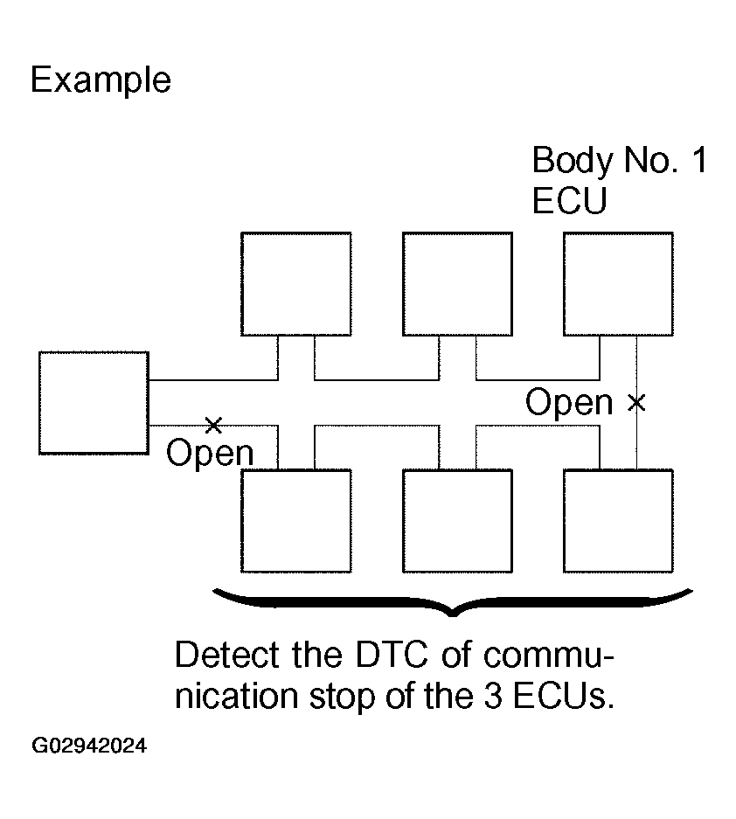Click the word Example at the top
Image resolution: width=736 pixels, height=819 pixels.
[x=101, y=80]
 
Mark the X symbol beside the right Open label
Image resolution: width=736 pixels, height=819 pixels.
[x=636, y=403]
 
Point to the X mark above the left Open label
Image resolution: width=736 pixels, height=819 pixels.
[x=213, y=425]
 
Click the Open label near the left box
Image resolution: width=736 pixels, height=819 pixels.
[x=210, y=454]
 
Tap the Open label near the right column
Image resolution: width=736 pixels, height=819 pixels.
[x=569, y=403]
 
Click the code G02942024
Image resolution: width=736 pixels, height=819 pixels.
[x=89, y=746]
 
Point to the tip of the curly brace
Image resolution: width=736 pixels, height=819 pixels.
[x=453, y=615]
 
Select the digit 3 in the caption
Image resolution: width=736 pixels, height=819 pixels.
[x=492, y=696]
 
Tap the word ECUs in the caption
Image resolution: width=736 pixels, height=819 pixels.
[x=564, y=696]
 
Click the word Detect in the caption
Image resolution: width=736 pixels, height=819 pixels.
[x=226, y=654]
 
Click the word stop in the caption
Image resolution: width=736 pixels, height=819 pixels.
[x=342, y=698]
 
